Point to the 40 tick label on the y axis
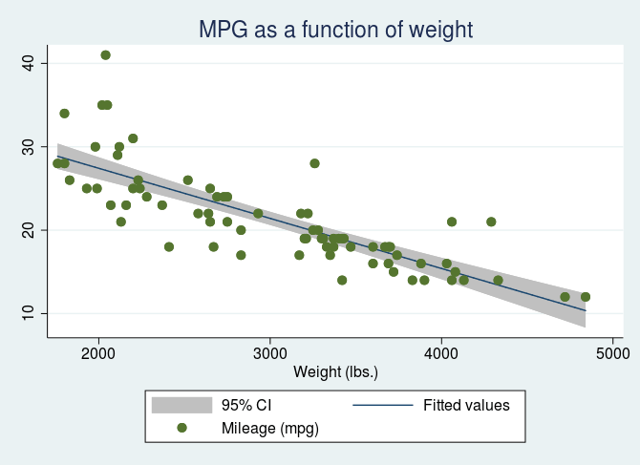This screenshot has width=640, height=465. tap(27, 63)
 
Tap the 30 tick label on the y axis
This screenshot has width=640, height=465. tap(27, 147)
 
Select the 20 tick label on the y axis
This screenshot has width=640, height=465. tap(27, 230)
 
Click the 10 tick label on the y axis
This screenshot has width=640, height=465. tap(27, 313)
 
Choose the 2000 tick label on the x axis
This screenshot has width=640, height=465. tap(99, 353)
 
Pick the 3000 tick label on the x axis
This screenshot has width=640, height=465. tap(270, 353)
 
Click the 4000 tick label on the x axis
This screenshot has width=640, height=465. tap(440, 353)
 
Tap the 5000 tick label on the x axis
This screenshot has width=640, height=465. tap(611, 353)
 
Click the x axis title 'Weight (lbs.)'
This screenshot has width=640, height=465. tap(335, 371)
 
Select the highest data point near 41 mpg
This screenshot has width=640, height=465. tap(105, 55)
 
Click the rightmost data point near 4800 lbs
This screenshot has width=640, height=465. tap(586, 297)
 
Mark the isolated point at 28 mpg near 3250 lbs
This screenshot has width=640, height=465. tap(314, 163)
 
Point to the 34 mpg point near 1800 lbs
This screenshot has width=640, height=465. tap(64, 114)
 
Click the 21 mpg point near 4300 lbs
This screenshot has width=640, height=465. tap(491, 222)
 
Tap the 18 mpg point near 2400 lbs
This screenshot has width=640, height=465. tap(169, 246)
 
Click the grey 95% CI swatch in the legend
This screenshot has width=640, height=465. tap(181, 405)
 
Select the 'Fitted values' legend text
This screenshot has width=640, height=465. tap(466, 405)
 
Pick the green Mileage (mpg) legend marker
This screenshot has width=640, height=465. tap(181, 429)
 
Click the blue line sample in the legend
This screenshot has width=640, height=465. tap(383, 405)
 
